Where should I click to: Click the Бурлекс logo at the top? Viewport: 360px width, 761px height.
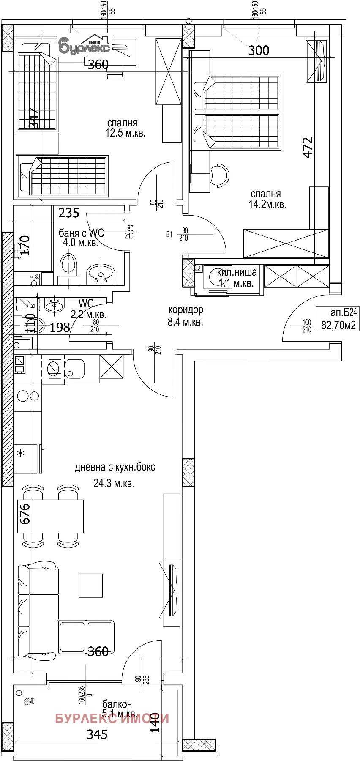point(85,44)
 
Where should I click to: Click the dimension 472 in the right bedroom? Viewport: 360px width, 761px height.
point(308,148)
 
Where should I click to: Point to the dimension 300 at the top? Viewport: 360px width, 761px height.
point(258,50)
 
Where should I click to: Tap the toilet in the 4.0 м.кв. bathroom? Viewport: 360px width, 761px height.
point(68,266)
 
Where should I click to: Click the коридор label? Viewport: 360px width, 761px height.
point(185,310)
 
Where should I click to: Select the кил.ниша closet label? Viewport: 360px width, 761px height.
point(237,272)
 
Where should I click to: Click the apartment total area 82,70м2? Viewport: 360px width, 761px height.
point(338,325)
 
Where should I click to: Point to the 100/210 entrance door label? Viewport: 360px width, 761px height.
point(307,326)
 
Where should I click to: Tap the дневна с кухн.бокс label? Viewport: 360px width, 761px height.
point(115,467)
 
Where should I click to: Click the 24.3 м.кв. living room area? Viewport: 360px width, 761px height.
point(114,483)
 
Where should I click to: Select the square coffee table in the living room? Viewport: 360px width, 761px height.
point(90,586)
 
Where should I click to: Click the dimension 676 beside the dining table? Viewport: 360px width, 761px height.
point(25,513)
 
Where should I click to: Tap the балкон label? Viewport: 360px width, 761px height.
point(117,704)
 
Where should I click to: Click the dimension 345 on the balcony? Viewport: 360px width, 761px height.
point(97,735)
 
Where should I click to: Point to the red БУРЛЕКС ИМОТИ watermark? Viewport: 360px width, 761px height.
point(112,718)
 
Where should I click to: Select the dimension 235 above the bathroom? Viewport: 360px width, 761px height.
point(68,213)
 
